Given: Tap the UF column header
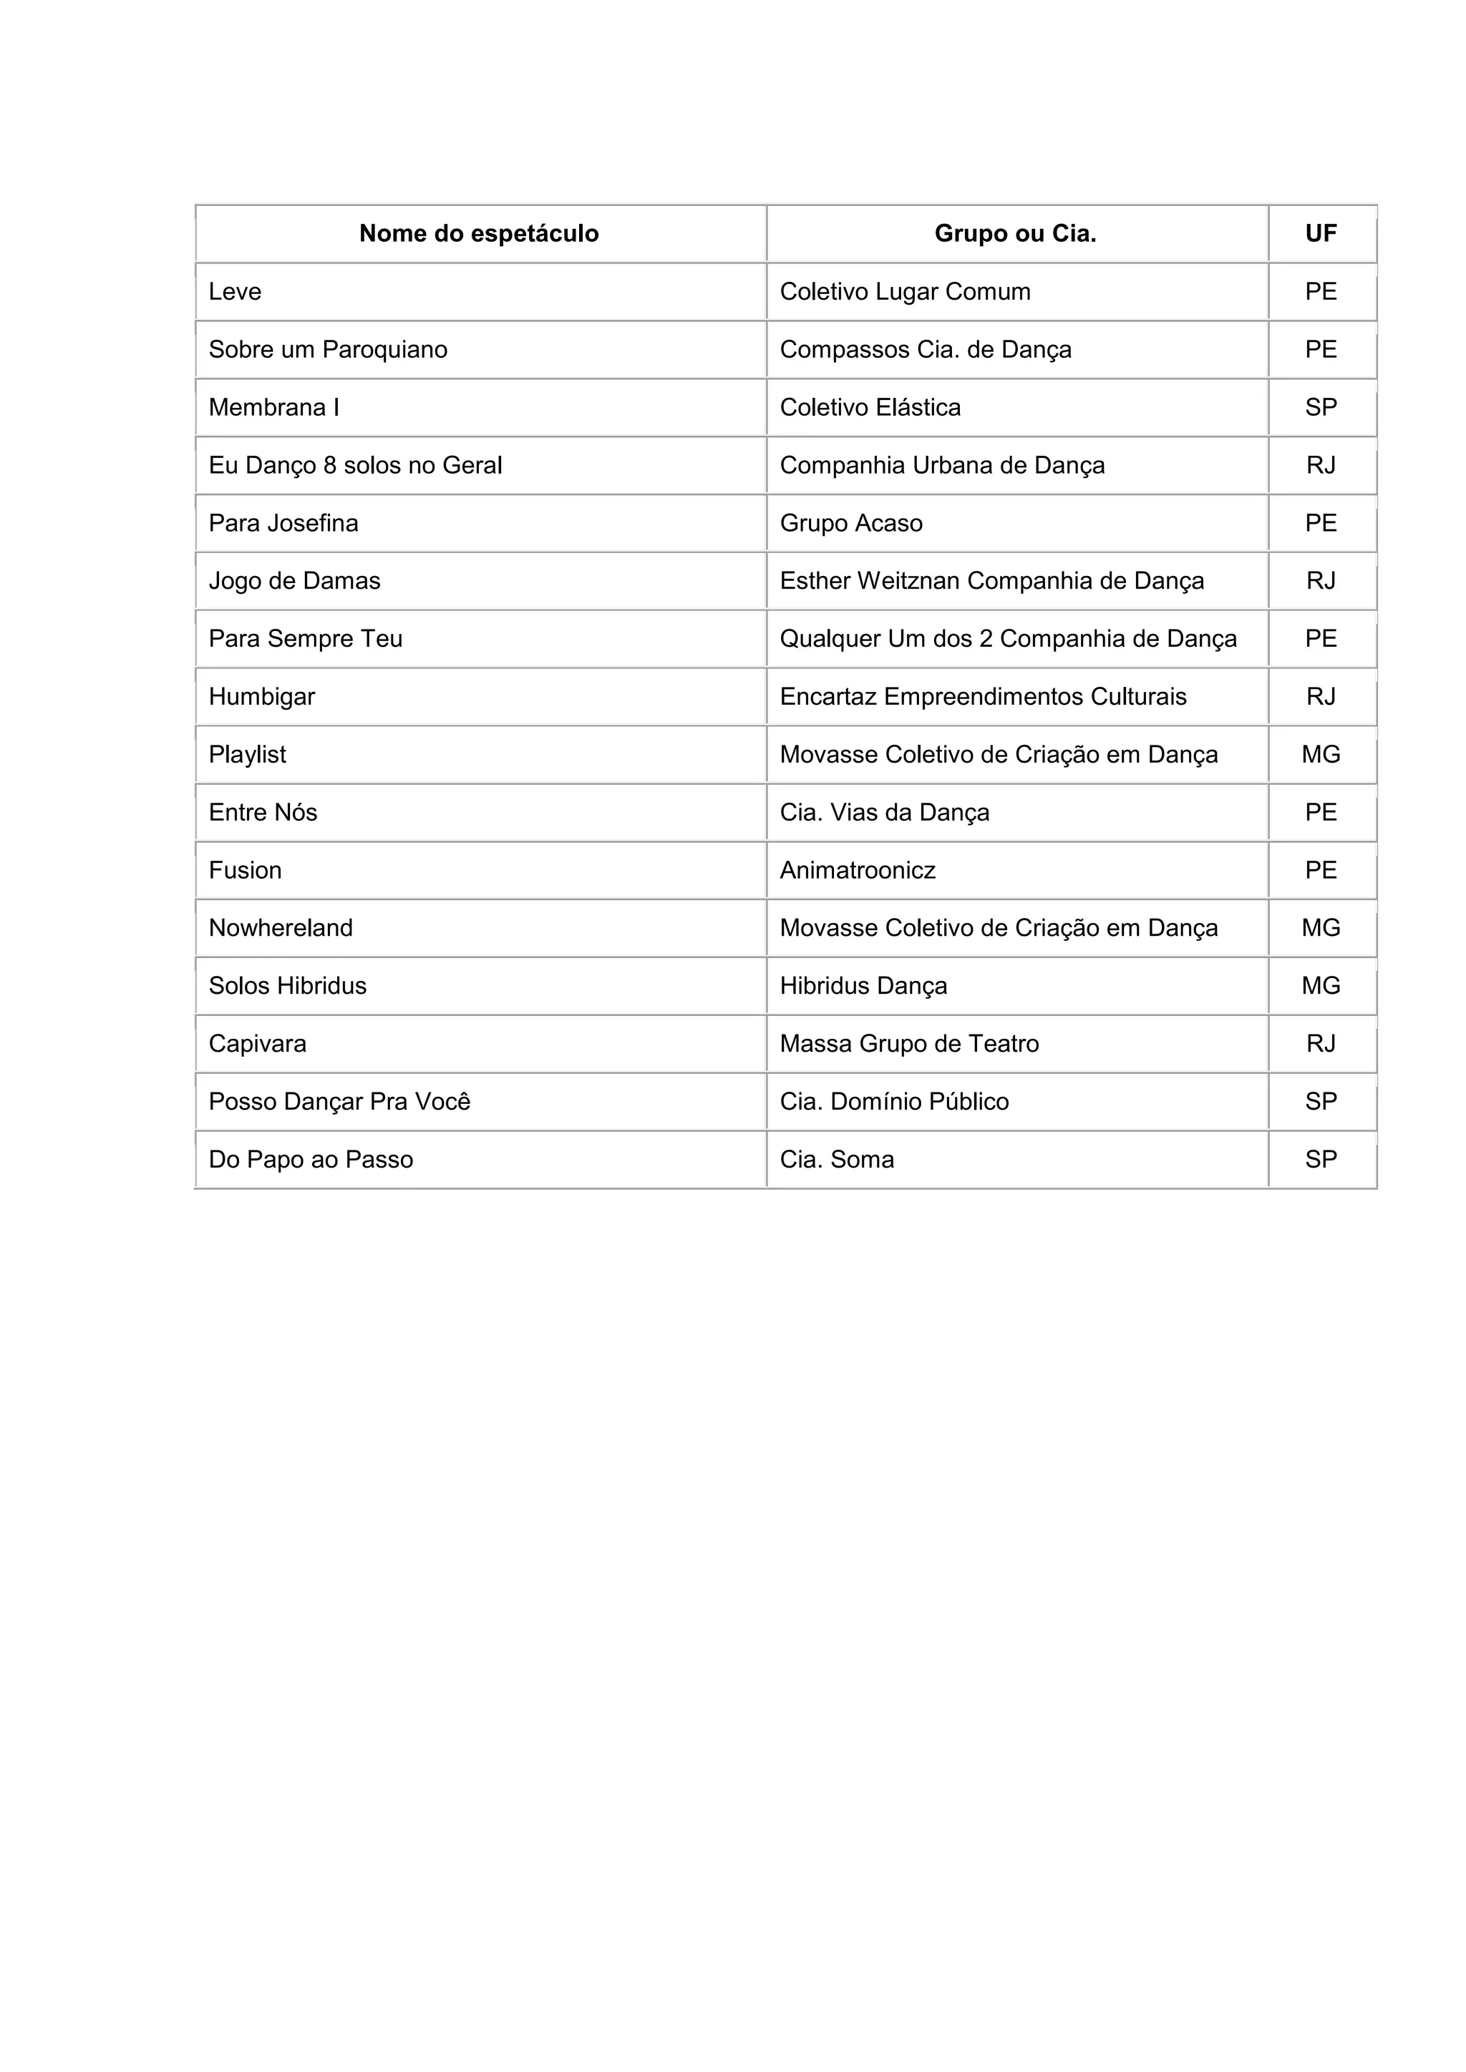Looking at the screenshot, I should pos(1321,234).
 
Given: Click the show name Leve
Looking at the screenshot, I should pos(235,291).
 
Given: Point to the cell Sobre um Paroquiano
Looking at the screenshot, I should pos(328,349).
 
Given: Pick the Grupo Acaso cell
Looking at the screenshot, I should pos(850,524).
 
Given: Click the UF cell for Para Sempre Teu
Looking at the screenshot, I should pos(1321,639).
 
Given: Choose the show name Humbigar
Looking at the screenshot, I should pos(262,697).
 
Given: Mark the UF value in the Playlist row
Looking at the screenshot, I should pos(1321,754).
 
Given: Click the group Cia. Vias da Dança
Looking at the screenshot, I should pos(884,812).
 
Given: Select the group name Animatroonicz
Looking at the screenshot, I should pos(857,870).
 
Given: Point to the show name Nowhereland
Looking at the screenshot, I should pos(281,928).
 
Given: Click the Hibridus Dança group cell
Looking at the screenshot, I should pos(863,985).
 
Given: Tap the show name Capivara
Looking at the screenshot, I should pos(257,1043).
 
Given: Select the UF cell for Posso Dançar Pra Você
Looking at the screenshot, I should pos(1321,1101).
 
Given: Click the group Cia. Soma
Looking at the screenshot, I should pos(837,1159).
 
